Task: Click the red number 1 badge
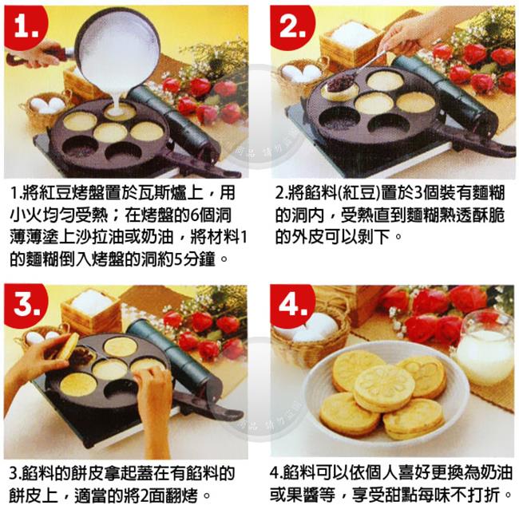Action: (x=26, y=26)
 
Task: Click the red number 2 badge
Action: (x=291, y=26)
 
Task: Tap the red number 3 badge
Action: (x=26, y=304)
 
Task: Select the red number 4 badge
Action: (x=291, y=305)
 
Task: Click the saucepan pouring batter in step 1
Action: (x=99, y=49)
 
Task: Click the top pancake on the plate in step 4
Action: (x=384, y=388)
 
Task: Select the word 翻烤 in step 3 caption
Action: (x=184, y=495)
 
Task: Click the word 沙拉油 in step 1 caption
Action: (x=100, y=237)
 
